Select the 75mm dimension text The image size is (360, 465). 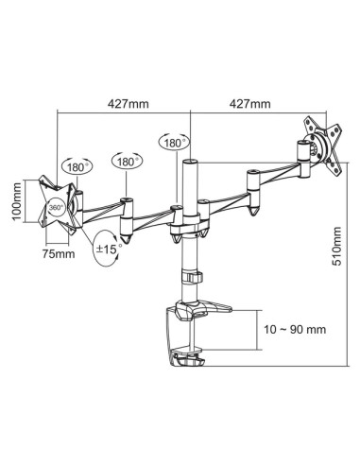pos(58,253)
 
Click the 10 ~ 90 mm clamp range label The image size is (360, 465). pos(294,330)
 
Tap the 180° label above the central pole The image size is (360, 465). pos(172,143)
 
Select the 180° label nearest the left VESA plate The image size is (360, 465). pos(77,167)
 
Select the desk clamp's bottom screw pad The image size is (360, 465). pos(189,359)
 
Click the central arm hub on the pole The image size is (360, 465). pos(186,223)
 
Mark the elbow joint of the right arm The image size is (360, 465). pos(252,179)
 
